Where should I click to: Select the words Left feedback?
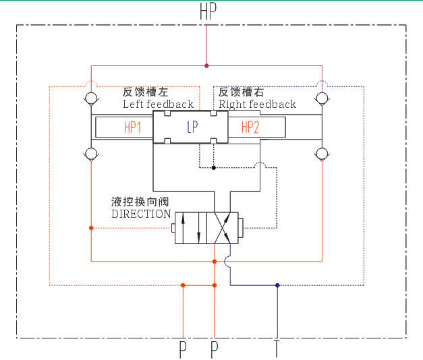pos(158,104)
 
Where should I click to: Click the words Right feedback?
pos(257,104)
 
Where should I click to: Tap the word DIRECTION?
pos(141,214)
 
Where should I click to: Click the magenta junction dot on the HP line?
pos(206,66)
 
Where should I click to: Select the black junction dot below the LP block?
pos(214,167)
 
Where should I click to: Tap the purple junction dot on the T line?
pos(277,285)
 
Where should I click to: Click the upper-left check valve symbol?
pos(91,100)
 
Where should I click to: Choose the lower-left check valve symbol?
pos(91,154)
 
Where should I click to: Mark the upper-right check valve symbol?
pos(322,100)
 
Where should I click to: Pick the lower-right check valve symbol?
pos(322,154)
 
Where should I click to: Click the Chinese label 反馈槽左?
pos(145,92)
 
